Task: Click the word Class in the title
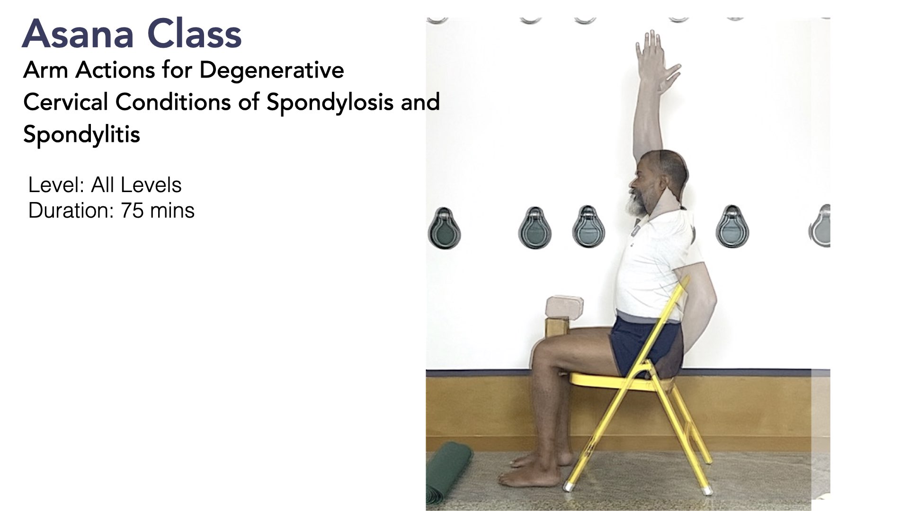pyautogui.click(x=195, y=34)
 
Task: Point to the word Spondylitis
pyautogui.click(x=81, y=134)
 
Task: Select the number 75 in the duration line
pyautogui.click(x=132, y=211)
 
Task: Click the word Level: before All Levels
pyautogui.click(x=57, y=185)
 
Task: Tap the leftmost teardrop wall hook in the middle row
pyautogui.click(x=444, y=228)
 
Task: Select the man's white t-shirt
pyautogui.click(x=653, y=265)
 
